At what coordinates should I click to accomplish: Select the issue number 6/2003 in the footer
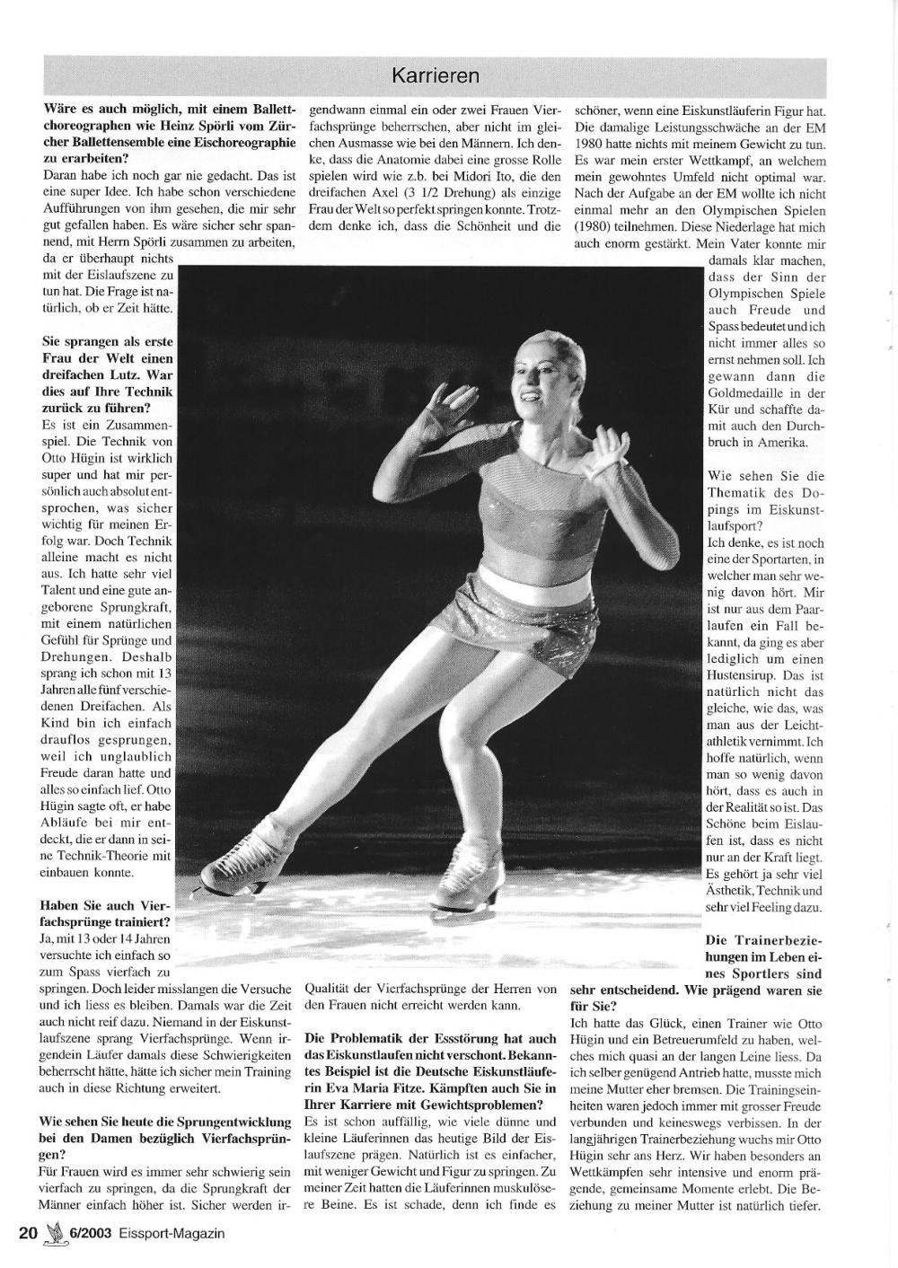[x=89, y=1233]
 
